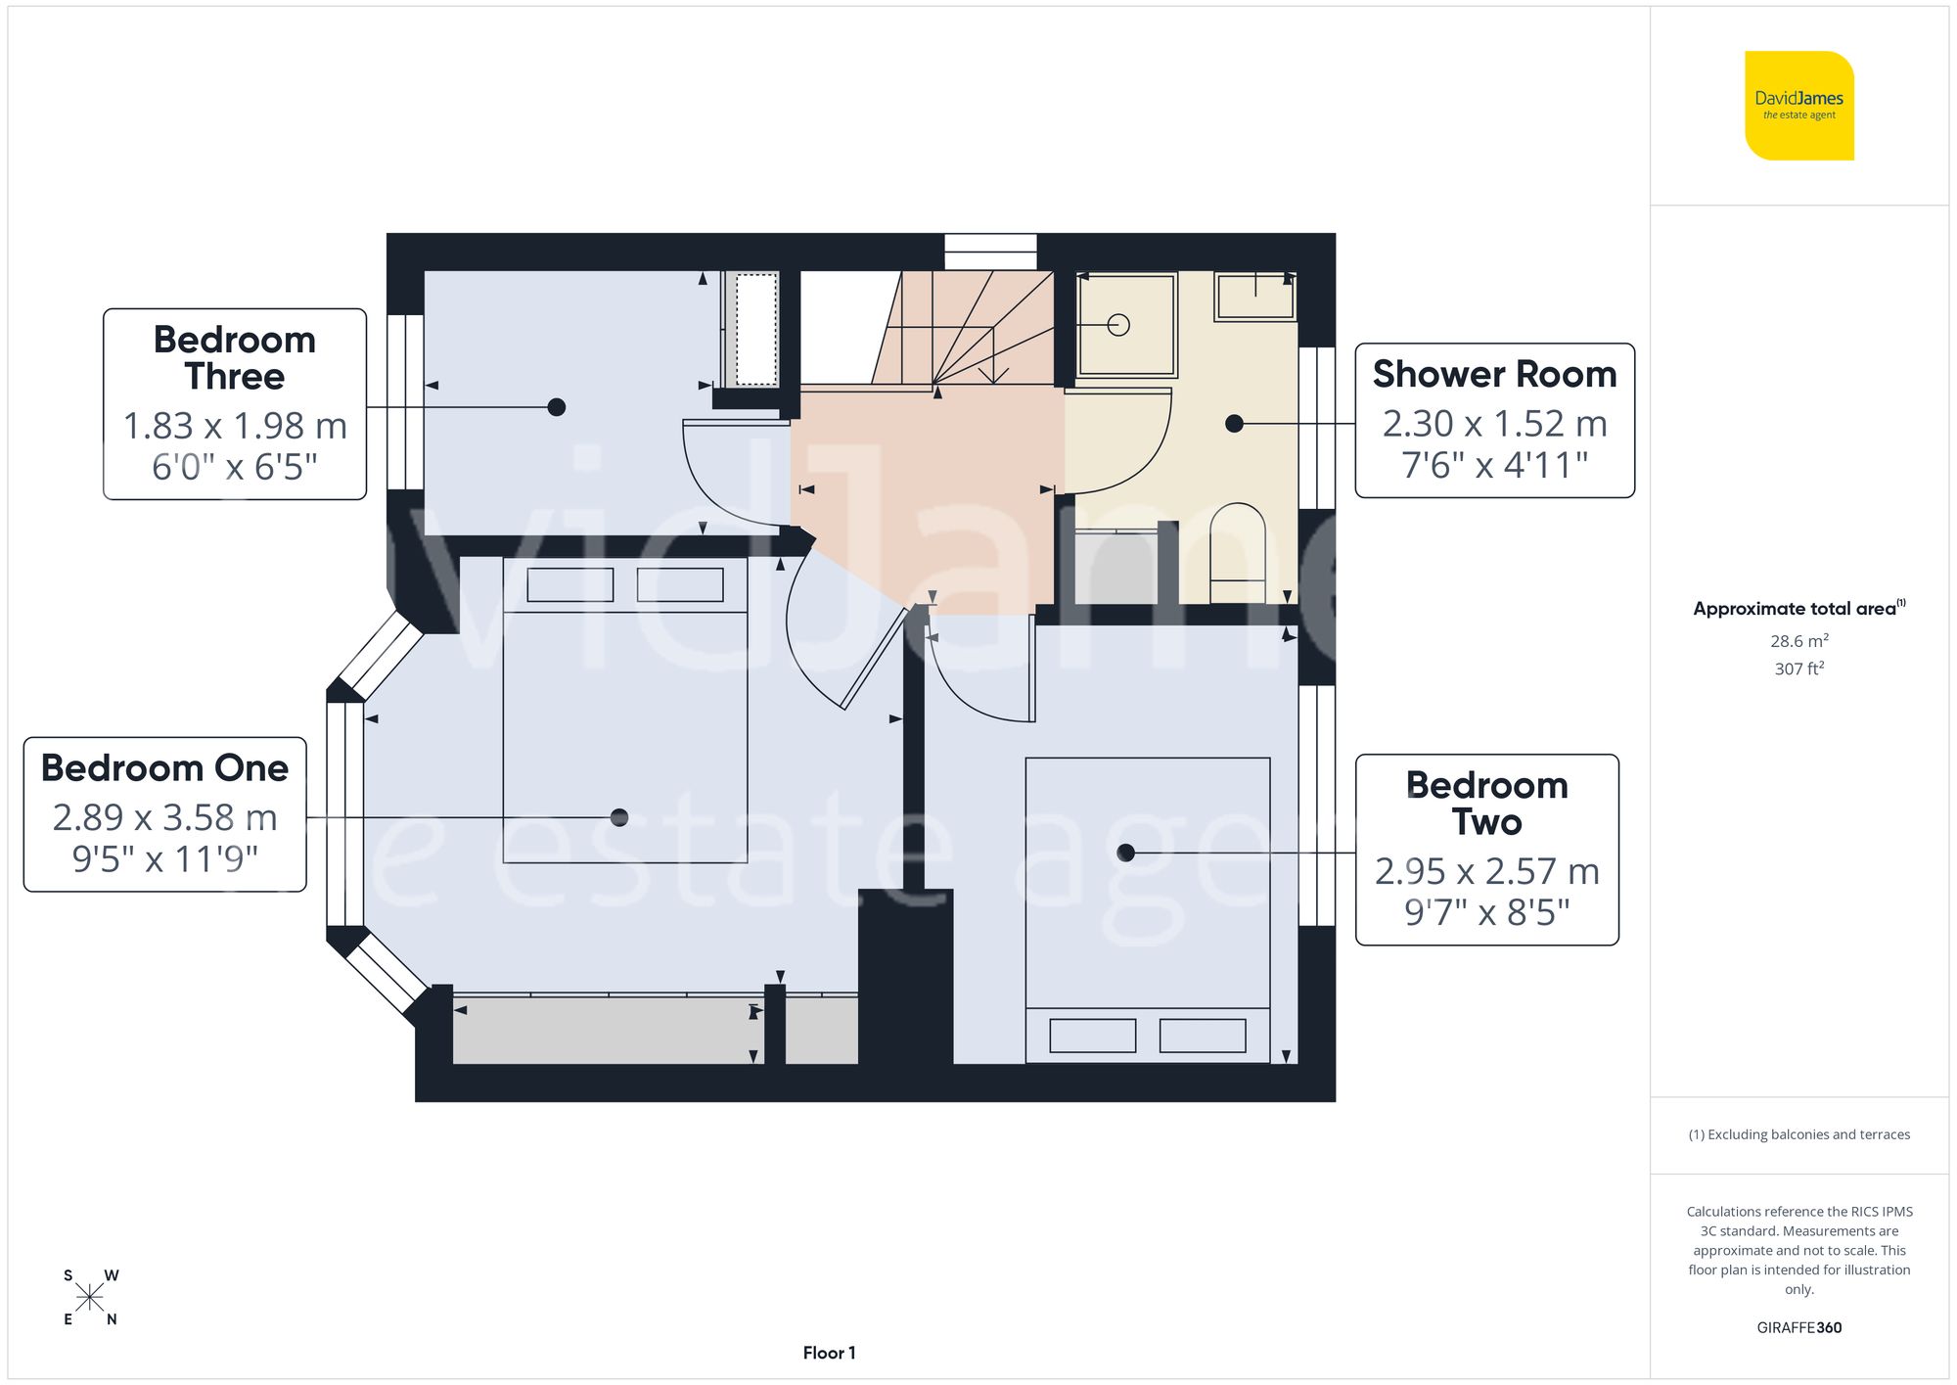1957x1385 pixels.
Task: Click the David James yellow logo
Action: point(1798,106)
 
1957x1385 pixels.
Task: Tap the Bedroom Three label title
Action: point(235,358)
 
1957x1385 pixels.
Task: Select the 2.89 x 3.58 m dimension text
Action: point(165,817)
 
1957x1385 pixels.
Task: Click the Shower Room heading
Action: point(1494,374)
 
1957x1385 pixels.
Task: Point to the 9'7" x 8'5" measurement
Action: point(1486,912)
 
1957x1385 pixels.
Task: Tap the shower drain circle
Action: point(1118,325)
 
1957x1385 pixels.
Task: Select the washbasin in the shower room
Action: point(1255,296)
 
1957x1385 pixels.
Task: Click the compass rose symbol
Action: point(90,1298)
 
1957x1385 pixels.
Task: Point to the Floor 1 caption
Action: point(829,1353)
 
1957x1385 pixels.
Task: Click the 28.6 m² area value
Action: point(1798,641)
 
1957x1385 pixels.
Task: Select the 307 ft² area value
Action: point(1798,669)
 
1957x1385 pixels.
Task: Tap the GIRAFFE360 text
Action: point(1798,1327)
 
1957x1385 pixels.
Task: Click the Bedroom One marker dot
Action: point(618,817)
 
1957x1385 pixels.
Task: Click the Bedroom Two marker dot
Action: point(1126,854)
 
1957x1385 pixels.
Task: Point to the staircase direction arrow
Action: point(993,372)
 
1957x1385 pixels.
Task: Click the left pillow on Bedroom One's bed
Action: point(570,584)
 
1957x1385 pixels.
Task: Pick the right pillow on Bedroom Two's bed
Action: point(1203,1036)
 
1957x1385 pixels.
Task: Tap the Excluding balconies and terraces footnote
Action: point(1798,1134)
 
